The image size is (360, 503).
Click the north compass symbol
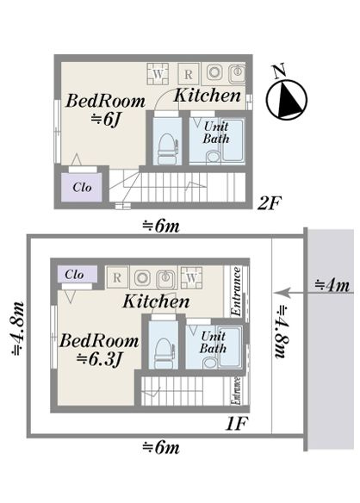(x=287, y=96)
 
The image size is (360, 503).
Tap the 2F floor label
(x=270, y=203)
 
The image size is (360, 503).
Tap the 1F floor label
(x=237, y=424)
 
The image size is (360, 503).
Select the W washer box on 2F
(x=158, y=74)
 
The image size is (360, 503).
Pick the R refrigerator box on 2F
(x=189, y=74)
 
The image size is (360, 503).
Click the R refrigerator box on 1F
(x=117, y=277)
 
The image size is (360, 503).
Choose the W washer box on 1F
(x=191, y=277)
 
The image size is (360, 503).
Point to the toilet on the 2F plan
(x=167, y=148)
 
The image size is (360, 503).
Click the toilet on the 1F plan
(x=164, y=353)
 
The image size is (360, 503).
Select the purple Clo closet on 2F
(x=82, y=188)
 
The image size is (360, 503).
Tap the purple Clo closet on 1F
(x=77, y=274)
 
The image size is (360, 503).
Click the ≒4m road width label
(x=332, y=285)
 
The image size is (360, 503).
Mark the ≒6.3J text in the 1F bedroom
(x=99, y=360)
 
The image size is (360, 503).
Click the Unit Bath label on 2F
(x=216, y=133)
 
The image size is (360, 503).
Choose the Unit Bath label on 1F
(x=213, y=342)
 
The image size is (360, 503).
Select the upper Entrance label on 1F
(x=236, y=291)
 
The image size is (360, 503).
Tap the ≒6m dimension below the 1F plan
(x=161, y=447)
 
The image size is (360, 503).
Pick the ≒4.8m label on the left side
(x=17, y=329)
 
